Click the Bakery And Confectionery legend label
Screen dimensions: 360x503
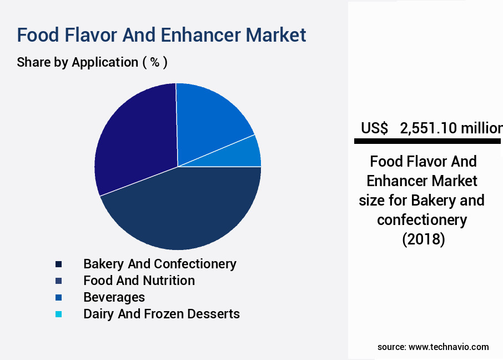[160, 264]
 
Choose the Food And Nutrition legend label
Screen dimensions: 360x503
[139, 281]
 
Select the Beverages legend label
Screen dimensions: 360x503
[114, 297]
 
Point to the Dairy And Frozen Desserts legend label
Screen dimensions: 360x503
[162, 314]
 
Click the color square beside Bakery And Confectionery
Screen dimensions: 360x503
[58, 264]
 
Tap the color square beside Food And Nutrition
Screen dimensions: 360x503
[58, 281]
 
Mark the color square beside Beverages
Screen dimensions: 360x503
[58, 297]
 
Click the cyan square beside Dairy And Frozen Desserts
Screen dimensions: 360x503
[58, 314]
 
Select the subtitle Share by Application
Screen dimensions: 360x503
[77, 62]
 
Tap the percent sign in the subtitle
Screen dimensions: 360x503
[155, 62]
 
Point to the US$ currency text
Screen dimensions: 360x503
[375, 128]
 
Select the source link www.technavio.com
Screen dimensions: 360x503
[449, 347]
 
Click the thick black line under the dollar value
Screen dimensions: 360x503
[427, 142]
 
